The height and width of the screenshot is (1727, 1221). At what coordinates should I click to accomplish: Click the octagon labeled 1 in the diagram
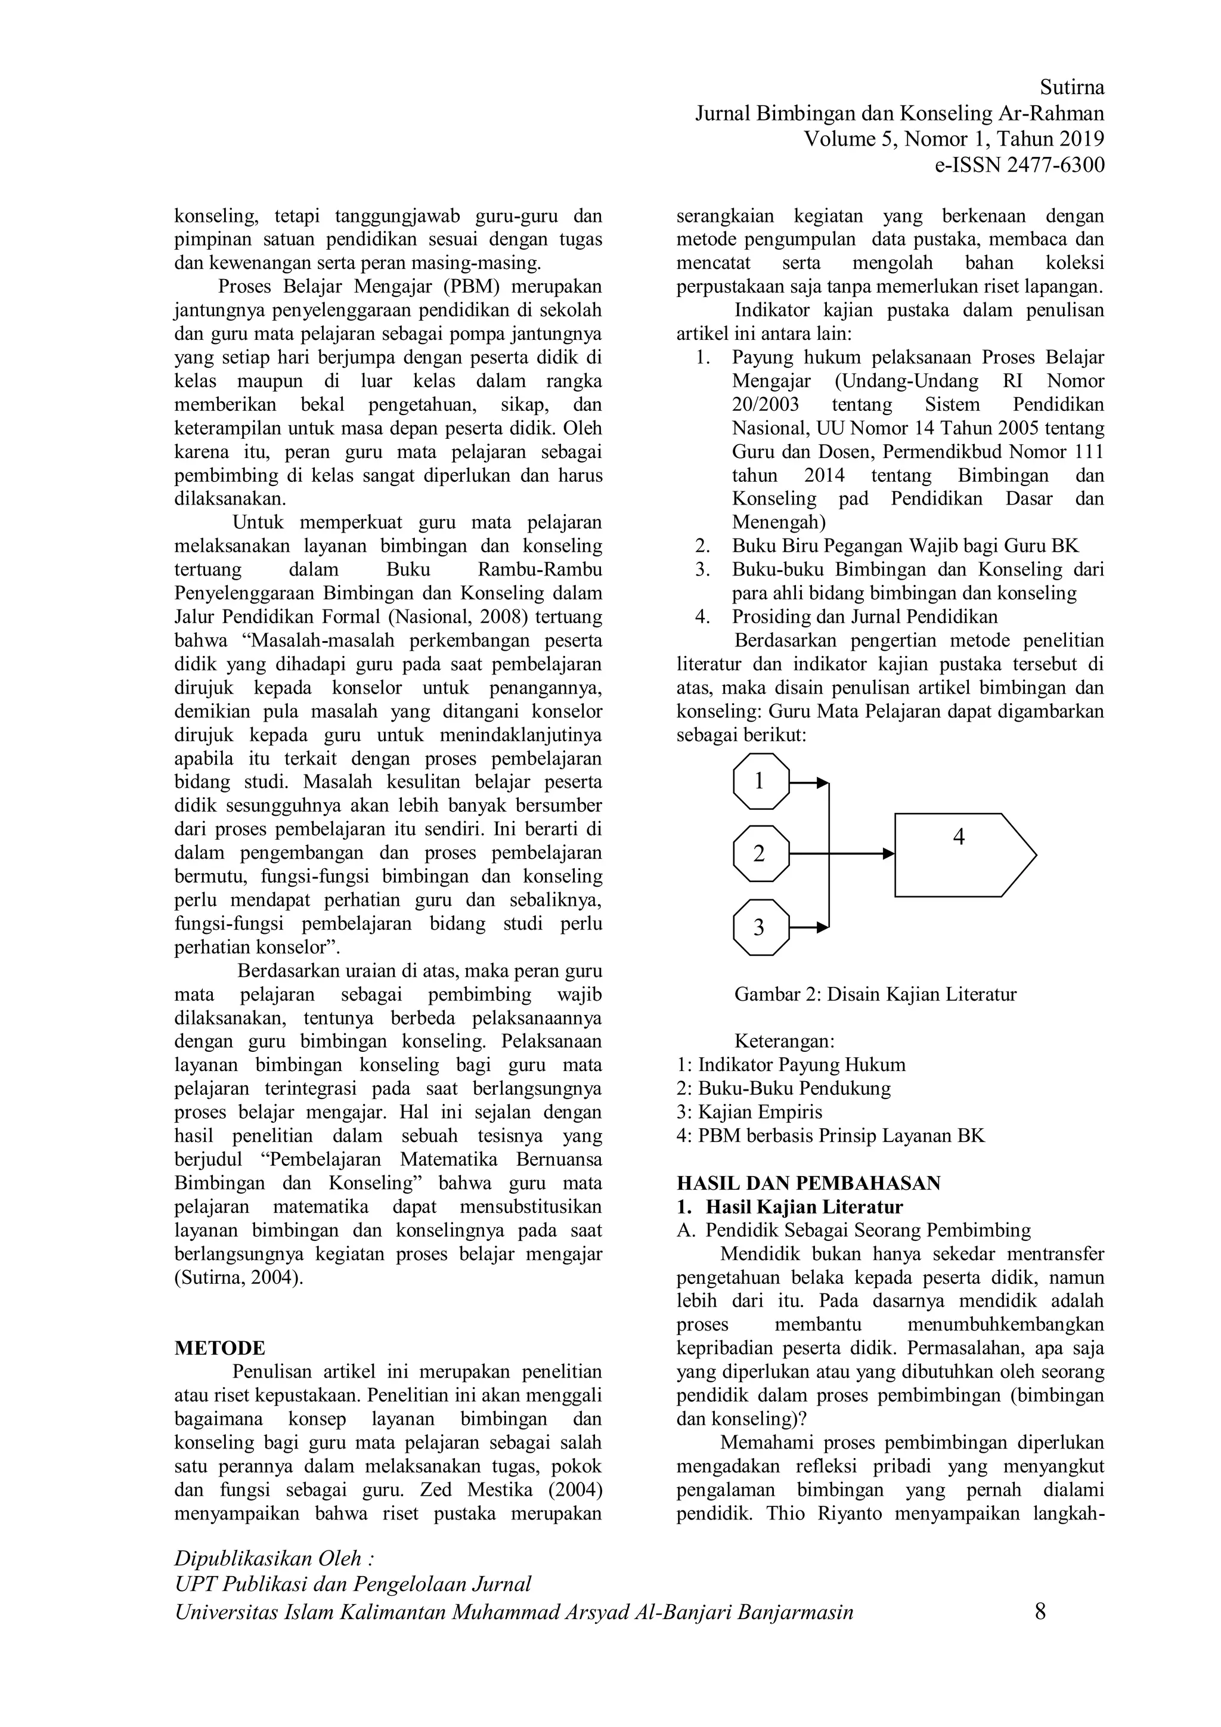click(761, 782)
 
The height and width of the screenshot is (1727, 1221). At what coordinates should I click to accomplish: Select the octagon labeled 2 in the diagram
click(761, 854)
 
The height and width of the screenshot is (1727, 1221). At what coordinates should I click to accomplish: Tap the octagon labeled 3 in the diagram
click(761, 927)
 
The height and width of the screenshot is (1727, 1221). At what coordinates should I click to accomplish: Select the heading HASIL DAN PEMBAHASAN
click(808, 1183)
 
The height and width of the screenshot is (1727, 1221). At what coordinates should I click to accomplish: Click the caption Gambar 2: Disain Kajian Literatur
click(875, 994)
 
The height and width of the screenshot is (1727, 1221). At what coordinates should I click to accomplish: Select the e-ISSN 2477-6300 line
click(1019, 165)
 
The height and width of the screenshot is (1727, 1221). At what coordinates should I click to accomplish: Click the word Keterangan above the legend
click(784, 1041)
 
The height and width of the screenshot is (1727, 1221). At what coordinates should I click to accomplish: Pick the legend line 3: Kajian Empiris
click(749, 1112)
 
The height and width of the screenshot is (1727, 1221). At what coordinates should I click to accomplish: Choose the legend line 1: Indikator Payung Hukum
click(791, 1064)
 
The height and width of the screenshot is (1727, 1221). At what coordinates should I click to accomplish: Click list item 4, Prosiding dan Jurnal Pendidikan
click(864, 617)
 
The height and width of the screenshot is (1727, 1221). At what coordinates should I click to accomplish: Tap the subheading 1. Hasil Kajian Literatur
click(790, 1206)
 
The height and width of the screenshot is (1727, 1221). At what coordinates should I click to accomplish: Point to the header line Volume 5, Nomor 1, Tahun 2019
click(954, 139)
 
